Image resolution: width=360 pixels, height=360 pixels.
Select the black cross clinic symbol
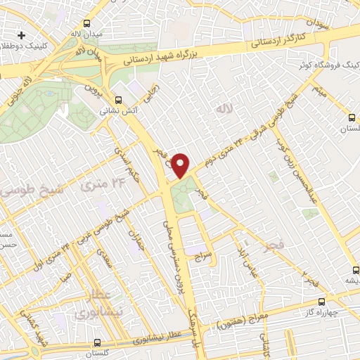pyautogui.click(x=22, y=34)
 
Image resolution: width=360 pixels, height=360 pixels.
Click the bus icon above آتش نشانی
pyautogui.click(x=119, y=100)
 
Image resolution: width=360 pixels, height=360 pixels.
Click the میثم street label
pyautogui.click(x=319, y=91)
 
